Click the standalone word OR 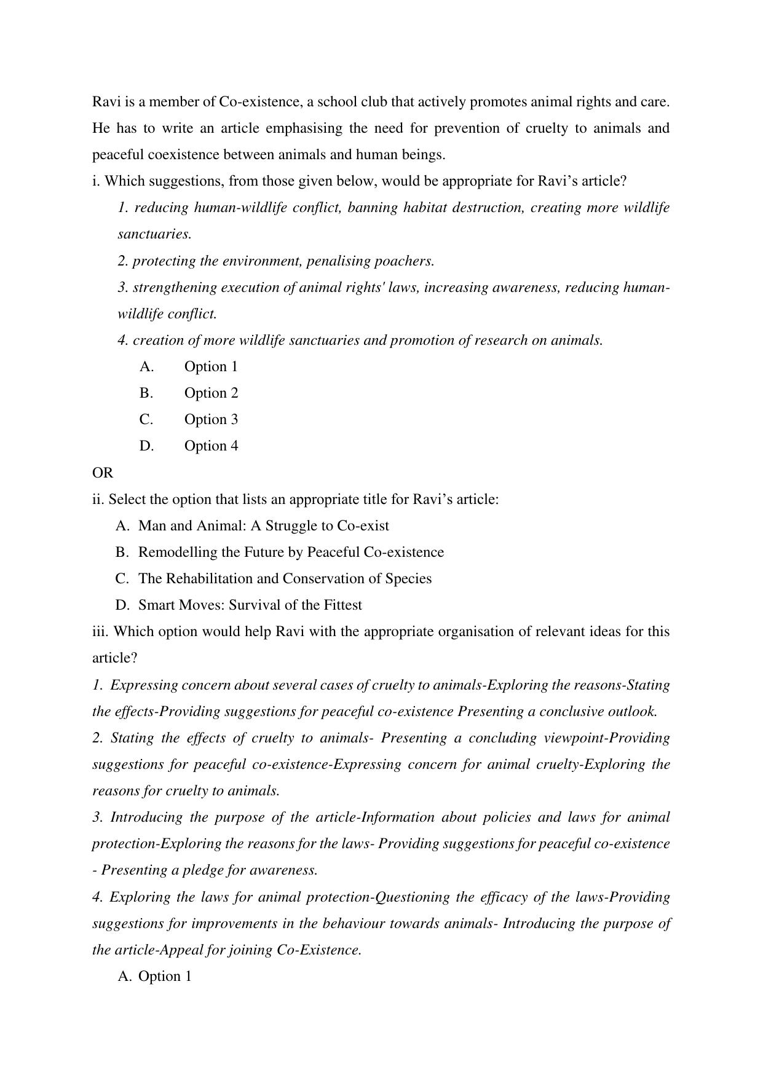[103, 473]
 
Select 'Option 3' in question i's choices [211, 420]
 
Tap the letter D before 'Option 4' [146, 446]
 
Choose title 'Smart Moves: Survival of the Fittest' [250, 605]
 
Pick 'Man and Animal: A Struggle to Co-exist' [263, 526]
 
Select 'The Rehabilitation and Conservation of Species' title [285, 579]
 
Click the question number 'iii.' [100, 632]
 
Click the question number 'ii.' [98, 500]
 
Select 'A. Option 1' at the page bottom [154, 977]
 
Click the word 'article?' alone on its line [114, 658]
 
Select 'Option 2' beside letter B [211, 393]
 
